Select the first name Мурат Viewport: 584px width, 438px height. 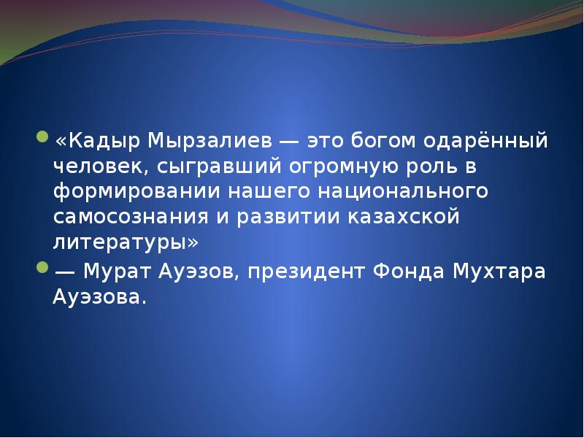point(118,271)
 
